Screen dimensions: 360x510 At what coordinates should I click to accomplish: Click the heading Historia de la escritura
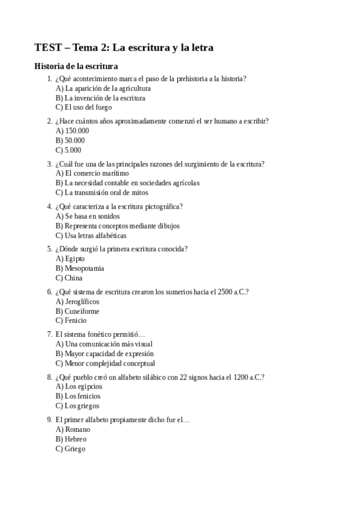76,66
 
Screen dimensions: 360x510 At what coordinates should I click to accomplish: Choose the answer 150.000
72,131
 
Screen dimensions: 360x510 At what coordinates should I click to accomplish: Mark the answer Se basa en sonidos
88,216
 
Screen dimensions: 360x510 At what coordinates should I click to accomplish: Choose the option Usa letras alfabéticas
92,236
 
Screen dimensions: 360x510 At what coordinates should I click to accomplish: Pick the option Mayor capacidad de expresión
104,354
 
